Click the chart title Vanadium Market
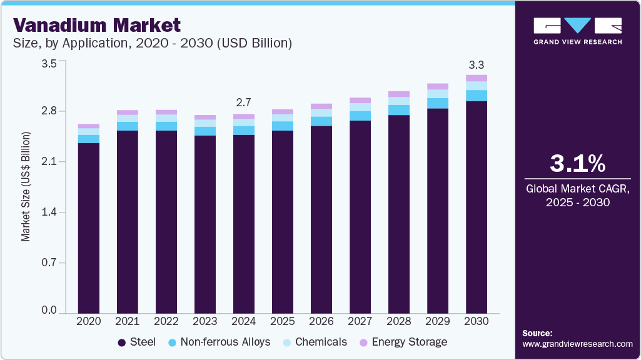97,25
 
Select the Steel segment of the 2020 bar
89,227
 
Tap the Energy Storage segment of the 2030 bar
477,78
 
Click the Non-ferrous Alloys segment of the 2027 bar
360,116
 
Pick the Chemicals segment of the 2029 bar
438,94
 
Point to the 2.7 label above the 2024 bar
244,102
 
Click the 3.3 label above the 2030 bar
477,64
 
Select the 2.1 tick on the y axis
49,162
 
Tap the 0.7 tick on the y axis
49,262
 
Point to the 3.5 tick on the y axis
49,63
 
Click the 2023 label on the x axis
205,321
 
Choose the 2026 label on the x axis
321,321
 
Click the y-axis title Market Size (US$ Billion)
26,187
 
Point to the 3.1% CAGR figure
577,164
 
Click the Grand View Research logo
577,30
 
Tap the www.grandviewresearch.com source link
577,344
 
